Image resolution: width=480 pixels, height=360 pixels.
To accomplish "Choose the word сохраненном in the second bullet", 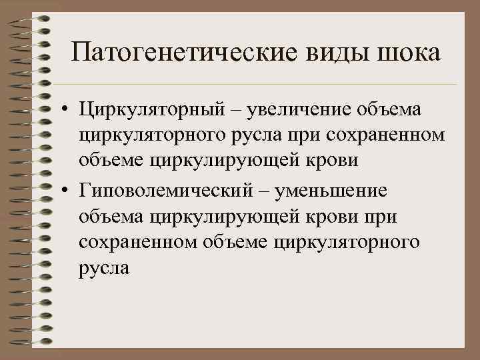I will point(131,241).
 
